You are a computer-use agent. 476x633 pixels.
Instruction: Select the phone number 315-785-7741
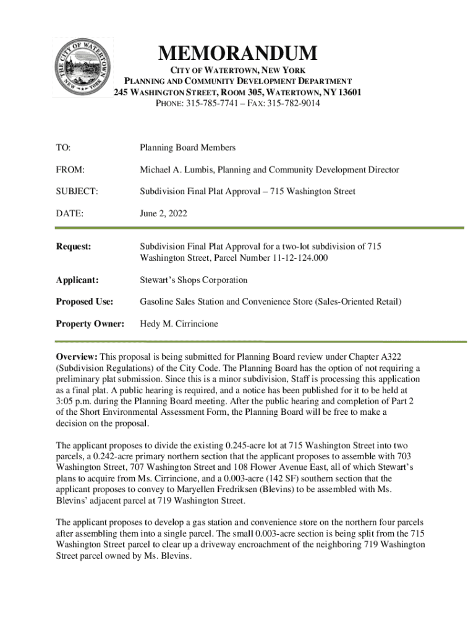tap(211, 104)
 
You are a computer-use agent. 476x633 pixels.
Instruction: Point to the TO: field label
tap(63, 148)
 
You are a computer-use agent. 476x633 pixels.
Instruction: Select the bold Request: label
tap(74, 247)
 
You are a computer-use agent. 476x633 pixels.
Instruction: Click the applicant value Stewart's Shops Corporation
tap(193, 280)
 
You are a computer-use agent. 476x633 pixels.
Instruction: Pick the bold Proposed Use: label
tap(84, 302)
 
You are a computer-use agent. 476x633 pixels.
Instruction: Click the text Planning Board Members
tap(187, 148)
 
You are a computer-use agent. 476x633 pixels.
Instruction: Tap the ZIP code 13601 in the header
tap(348, 93)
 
